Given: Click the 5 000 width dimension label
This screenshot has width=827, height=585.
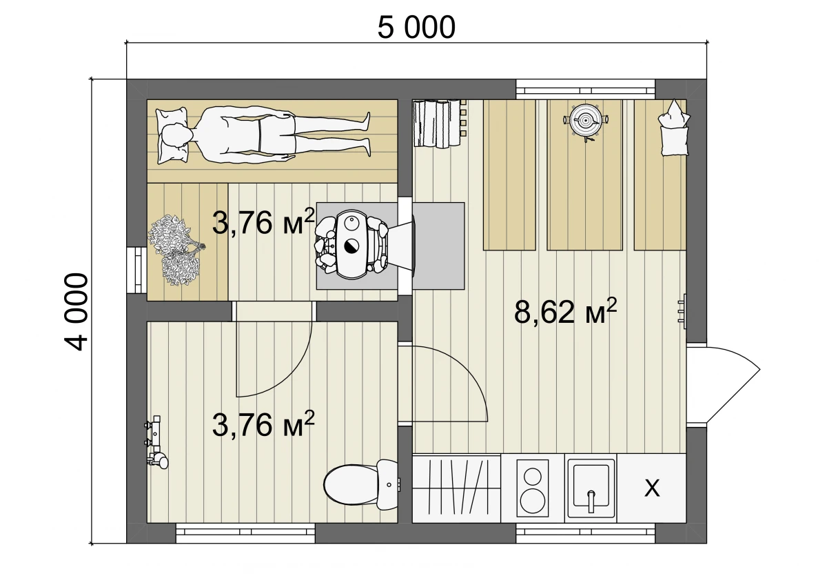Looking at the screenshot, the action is coord(416,28).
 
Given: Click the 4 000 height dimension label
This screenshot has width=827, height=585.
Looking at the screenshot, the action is coord(76,312).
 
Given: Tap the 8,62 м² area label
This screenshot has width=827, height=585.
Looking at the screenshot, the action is coord(565,311).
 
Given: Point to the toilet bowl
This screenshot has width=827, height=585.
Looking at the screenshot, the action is coord(362,484).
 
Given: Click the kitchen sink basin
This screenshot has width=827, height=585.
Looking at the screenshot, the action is coord(591,488).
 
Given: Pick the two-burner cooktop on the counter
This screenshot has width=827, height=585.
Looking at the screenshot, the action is coord(532,488).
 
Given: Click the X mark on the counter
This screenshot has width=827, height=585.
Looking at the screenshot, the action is coord(652,488).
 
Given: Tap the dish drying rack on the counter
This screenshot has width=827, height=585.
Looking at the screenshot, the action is coord(456,488).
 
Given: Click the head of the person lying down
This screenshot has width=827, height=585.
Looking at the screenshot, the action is coord(175,136).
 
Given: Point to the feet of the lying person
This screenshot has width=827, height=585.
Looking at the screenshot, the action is coord(365,133).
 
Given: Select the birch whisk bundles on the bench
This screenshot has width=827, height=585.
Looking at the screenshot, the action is coord(176,250).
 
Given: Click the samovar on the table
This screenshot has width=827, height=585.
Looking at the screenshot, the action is coord(586,121).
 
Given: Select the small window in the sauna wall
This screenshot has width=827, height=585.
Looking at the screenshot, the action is coord(136,270).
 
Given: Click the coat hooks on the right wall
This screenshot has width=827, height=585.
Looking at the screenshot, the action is coord(682,311).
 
